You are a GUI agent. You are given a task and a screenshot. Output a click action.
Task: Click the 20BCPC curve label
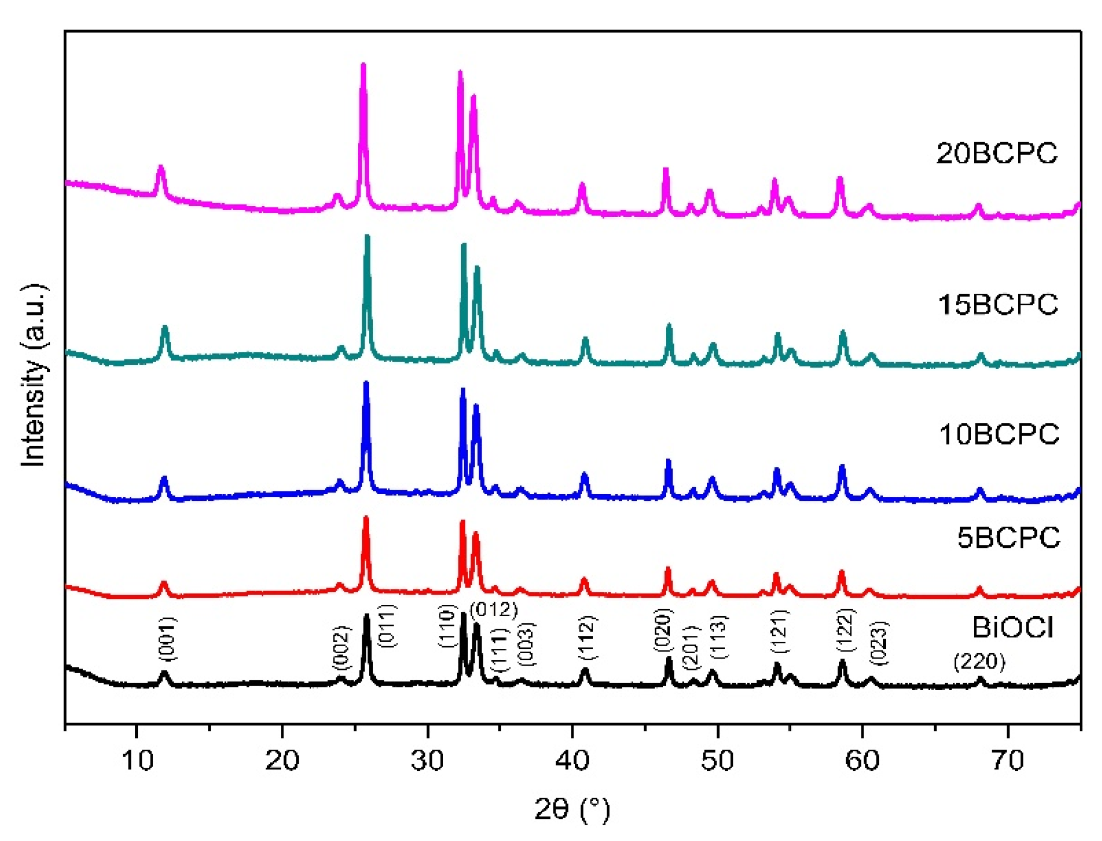pyautogui.click(x=997, y=153)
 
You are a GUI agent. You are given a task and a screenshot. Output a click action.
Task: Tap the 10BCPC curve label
pyautogui.click(x=999, y=434)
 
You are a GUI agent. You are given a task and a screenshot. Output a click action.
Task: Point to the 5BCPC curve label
pyautogui.click(x=1008, y=538)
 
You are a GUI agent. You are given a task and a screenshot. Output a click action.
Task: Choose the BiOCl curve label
pyautogui.click(x=1012, y=628)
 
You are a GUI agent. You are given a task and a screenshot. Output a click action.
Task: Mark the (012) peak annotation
pyautogui.click(x=494, y=609)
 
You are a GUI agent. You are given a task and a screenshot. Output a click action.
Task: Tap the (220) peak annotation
pyautogui.click(x=979, y=661)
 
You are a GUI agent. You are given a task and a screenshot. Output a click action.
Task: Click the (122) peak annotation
pyautogui.click(x=845, y=630)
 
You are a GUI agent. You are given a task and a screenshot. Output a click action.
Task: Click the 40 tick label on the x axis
pyautogui.click(x=572, y=760)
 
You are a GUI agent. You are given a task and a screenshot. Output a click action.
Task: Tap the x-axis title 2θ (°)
pyautogui.click(x=572, y=809)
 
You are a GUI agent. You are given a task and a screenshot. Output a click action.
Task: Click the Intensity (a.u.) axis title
pyautogui.click(x=34, y=375)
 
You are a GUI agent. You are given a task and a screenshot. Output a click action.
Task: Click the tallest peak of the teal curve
pyautogui.click(x=367, y=237)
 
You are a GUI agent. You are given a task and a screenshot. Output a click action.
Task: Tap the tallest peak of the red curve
pyautogui.click(x=366, y=519)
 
